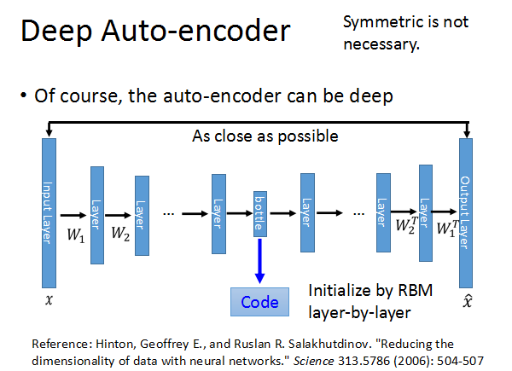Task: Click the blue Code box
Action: tap(259, 301)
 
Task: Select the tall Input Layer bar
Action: tap(49, 213)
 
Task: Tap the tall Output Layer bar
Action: tap(465, 213)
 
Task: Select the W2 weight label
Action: tap(119, 232)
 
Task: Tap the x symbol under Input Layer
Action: tap(49, 301)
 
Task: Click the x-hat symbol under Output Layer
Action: tap(465, 301)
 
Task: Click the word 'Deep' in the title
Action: tap(55, 32)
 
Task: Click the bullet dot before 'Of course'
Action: tap(23, 96)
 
